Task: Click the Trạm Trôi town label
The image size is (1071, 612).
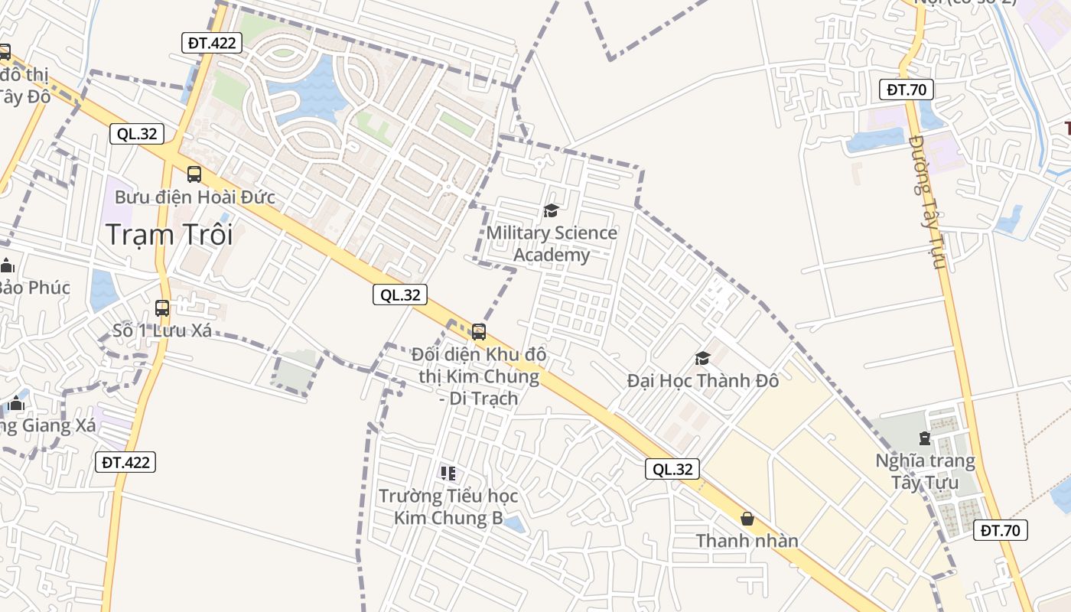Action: (169, 234)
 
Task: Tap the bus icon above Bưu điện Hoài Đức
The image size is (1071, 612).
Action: (194, 174)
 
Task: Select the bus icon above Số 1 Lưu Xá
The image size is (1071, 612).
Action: (162, 308)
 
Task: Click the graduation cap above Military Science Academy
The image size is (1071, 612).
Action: (551, 210)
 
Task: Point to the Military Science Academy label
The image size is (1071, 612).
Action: (552, 243)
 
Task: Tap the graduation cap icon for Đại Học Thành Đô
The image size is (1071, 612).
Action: (702, 358)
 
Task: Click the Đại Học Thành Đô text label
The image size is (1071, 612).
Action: (702, 379)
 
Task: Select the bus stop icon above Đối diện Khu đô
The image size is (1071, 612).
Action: (479, 331)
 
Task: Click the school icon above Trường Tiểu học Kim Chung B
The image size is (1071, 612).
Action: (448, 474)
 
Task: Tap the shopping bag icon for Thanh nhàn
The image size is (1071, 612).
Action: (747, 519)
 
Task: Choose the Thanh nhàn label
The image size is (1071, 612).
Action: (747, 541)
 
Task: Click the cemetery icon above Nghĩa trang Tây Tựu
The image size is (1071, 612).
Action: (925, 438)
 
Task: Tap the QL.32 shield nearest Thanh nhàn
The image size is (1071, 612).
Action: (673, 469)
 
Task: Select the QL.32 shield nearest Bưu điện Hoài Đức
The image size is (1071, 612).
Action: (137, 134)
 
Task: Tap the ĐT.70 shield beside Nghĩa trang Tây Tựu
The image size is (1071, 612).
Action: (1000, 530)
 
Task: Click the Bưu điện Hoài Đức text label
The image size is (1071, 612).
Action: (194, 197)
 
